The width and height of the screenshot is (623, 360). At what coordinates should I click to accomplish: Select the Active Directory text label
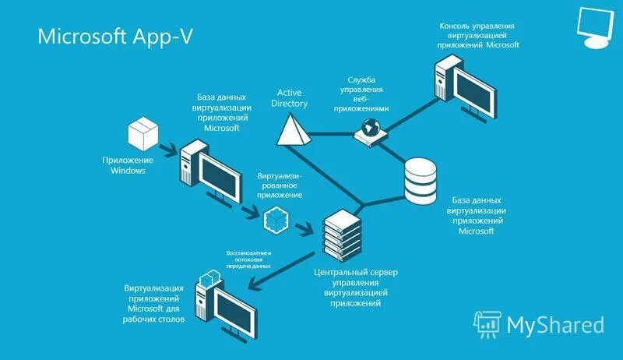[x=289, y=98]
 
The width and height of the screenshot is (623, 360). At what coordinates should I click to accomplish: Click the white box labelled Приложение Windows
[x=143, y=135]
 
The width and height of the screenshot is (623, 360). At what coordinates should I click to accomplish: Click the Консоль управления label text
[x=478, y=36]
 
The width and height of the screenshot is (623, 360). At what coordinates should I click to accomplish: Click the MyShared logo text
[x=554, y=323]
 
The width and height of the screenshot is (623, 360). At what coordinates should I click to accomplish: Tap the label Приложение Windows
[x=123, y=165]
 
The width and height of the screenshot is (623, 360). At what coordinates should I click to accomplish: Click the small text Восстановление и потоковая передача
[x=249, y=259]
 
